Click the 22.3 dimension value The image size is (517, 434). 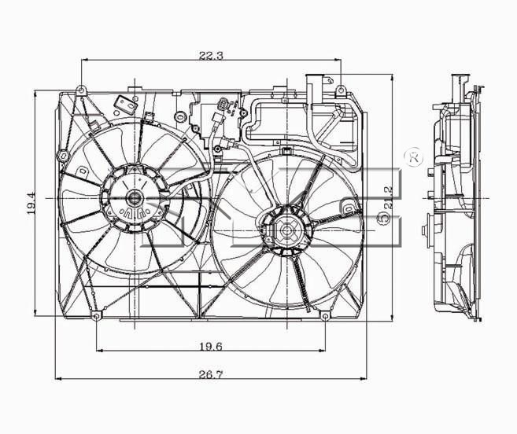211,55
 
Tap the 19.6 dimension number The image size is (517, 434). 211,346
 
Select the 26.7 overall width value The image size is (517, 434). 211,374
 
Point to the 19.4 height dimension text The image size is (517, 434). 31,203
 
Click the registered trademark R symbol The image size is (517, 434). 415,158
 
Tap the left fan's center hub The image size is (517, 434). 135,198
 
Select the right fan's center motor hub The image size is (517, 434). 285,230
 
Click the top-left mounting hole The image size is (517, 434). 81,90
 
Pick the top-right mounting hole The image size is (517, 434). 341,89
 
